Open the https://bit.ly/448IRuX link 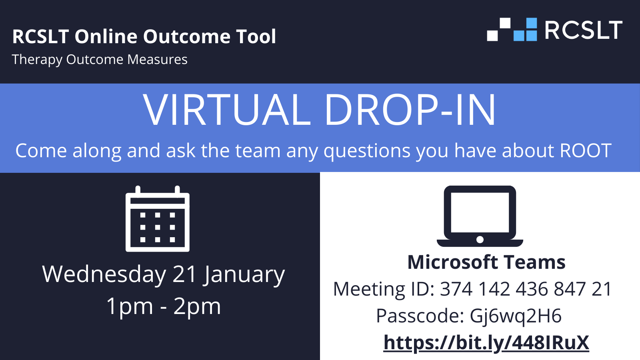[486, 343]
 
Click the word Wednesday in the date [104, 274]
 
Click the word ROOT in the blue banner [586, 150]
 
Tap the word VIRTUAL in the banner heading [227, 110]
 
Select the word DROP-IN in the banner [410, 110]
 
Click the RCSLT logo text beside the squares [583, 30]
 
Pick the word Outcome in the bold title [186, 36]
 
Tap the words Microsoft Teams [486, 262]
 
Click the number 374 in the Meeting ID [456, 289]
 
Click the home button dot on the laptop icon [480, 240]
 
